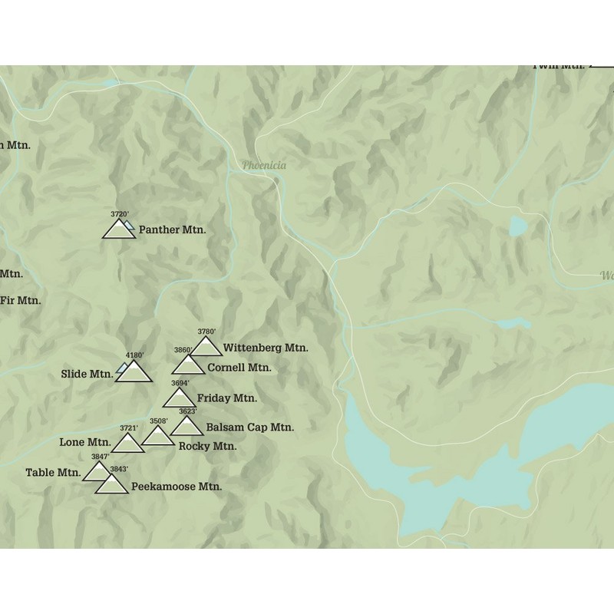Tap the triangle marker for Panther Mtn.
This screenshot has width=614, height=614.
[119, 230]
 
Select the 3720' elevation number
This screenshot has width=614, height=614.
[119, 214]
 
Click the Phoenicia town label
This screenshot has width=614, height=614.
[264, 165]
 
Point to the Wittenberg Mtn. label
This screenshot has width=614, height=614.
[266, 348]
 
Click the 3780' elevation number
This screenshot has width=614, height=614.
[206, 332]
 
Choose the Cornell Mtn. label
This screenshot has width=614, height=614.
[239, 368]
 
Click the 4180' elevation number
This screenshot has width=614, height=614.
[135, 355]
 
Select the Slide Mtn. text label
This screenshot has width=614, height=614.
[87, 375]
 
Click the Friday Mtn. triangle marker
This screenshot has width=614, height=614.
[179, 398]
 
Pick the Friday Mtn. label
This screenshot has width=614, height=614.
[226, 398]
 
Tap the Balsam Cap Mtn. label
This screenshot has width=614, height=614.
[250, 427]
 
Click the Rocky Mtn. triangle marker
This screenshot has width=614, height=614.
[158, 437]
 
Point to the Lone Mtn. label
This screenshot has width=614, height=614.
[84, 442]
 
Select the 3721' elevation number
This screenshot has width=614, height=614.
[128, 428]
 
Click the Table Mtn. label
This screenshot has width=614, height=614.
[52, 473]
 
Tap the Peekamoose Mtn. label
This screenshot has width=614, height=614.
[177, 487]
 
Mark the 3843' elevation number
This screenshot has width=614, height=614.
[118, 469]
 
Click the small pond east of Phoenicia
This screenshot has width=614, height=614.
[518, 226]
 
